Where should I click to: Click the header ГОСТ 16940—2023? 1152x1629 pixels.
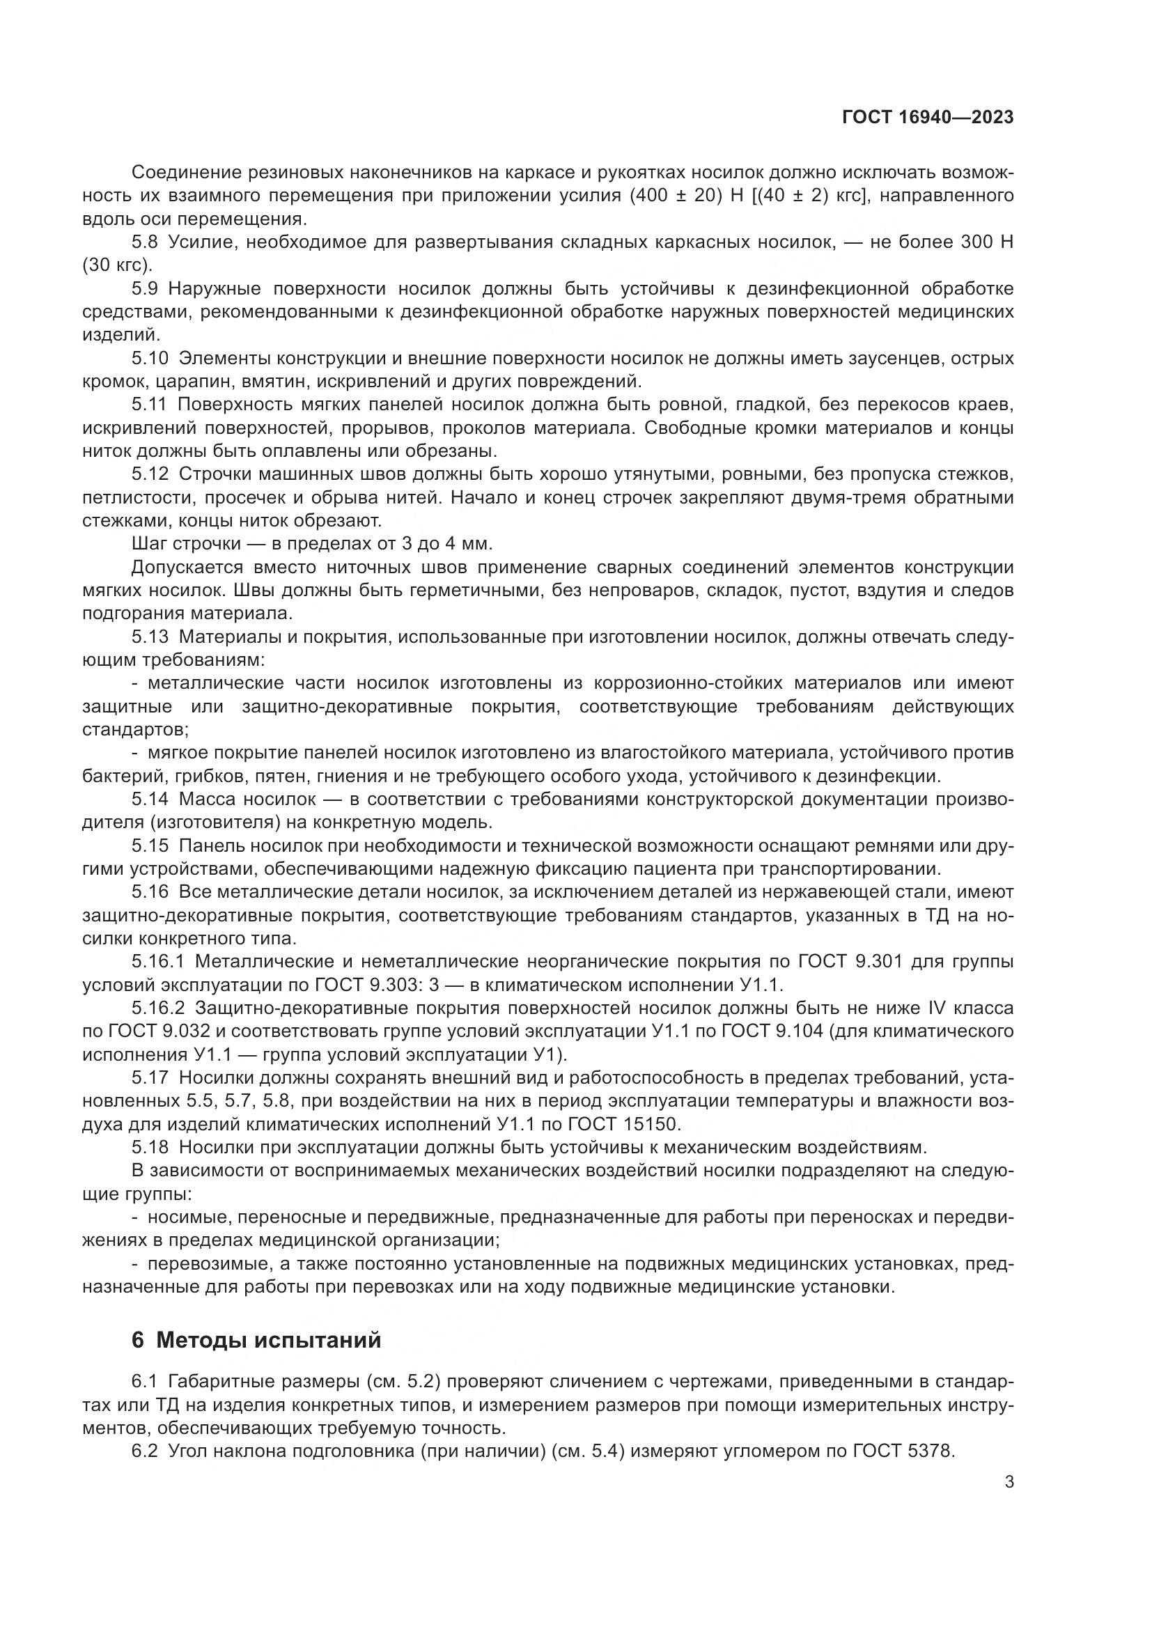927,116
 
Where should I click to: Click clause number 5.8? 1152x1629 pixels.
145,242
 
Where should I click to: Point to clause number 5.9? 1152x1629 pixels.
145,289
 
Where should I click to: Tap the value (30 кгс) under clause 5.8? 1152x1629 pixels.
117,265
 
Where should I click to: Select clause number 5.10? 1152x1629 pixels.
150,358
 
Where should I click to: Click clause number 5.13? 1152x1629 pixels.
150,637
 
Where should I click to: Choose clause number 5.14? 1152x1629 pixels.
150,799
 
